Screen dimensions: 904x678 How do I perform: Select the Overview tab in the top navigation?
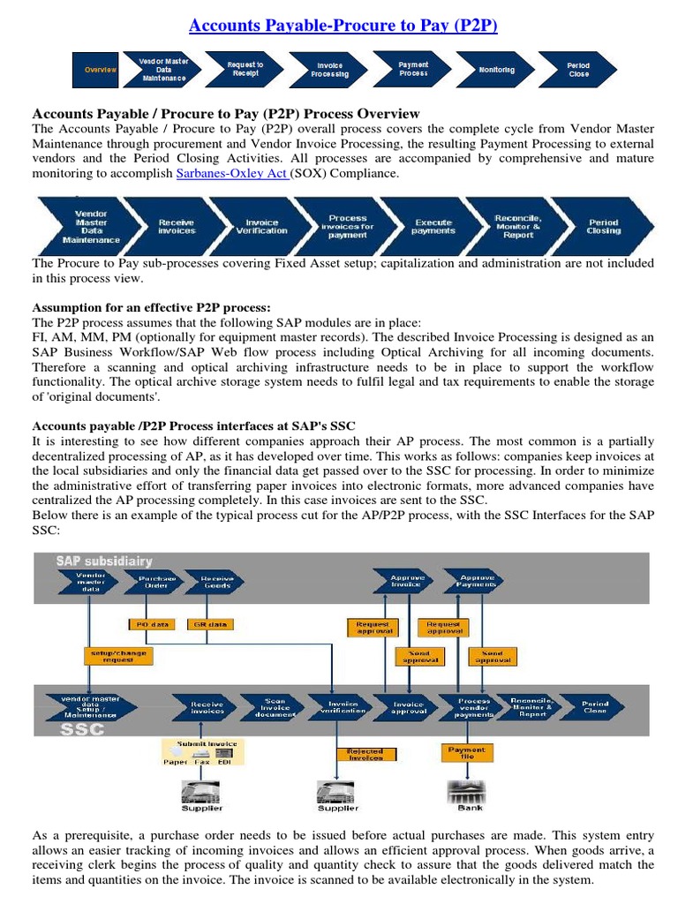click(x=100, y=70)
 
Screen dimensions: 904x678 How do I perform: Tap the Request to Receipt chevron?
click(x=244, y=70)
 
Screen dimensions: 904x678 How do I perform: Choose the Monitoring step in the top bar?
click(x=497, y=70)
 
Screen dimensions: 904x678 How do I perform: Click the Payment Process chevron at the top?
click(x=413, y=69)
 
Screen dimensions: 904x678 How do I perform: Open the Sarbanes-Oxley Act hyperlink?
click(x=232, y=174)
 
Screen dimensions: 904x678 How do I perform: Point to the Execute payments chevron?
click(x=433, y=227)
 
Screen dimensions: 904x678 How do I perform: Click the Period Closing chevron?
click(x=603, y=227)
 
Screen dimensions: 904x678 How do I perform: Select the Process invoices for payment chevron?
click(x=348, y=227)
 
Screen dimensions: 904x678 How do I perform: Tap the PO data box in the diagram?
click(x=150, y=625)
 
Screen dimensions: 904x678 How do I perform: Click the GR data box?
click(x=210, y=625)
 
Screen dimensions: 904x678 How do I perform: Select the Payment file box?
click(x=466, y=752)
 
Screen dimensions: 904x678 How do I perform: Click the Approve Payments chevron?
click(x=476, y=581)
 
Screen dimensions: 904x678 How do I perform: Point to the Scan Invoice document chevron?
click(x=275, y=708)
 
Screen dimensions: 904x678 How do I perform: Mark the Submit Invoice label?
click(x=201, y=744)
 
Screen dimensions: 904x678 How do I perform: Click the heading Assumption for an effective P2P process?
click(x=152, y=307)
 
